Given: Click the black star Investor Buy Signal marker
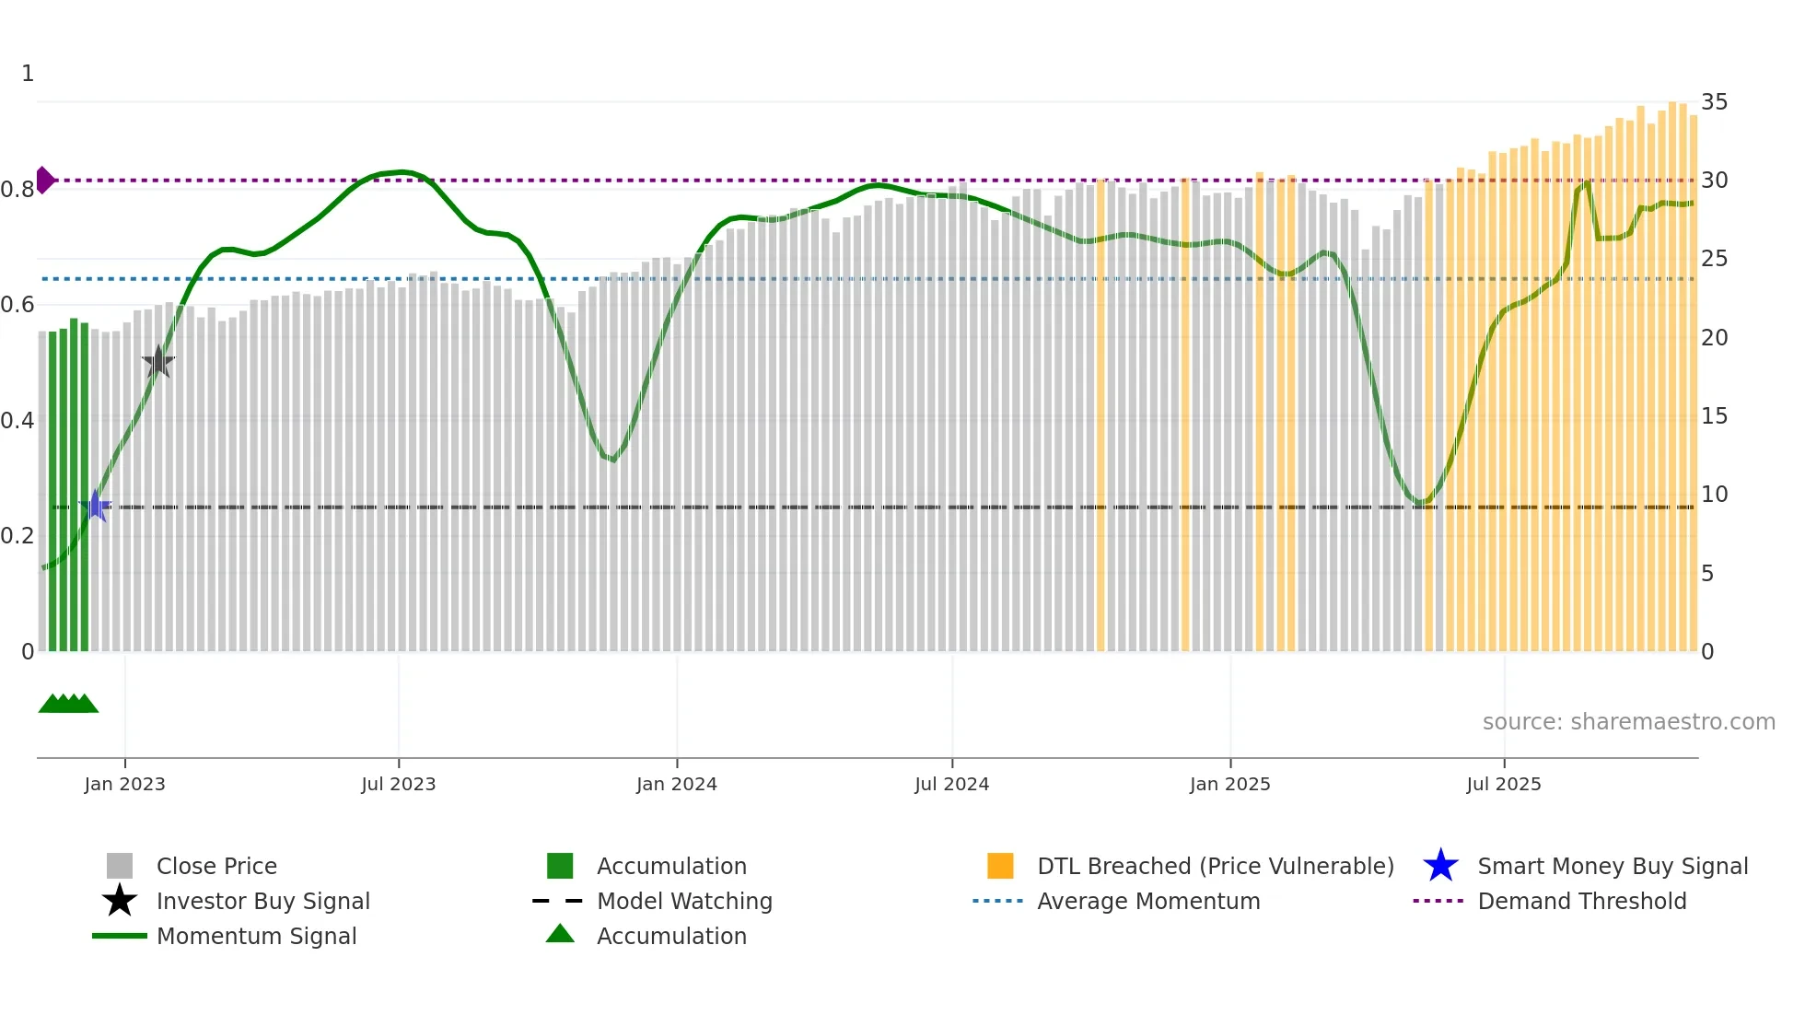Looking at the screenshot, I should [x=158, y=363].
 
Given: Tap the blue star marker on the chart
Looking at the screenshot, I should [x=95, y=507].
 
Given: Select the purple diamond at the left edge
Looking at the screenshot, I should [x=44, y=181].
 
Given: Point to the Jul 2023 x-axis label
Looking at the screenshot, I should [x=398, y=785].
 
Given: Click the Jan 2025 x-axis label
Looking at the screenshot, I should [x=1229, y=785].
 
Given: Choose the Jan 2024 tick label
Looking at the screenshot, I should [x=676, y=785].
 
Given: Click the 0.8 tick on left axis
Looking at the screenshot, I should [x=17, y=190].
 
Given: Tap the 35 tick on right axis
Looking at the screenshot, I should [x=1714, y=102].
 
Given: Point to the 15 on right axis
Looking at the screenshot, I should [x=1714, y=416].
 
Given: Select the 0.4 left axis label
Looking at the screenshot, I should [x=17, y=421].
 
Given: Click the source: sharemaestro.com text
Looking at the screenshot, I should [x=1628, y=722].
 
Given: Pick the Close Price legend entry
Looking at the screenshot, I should [x=216, y=867].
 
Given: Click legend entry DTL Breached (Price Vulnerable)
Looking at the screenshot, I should [x=1215, y=867].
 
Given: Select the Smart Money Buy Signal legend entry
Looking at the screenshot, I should [x=1612, y=867].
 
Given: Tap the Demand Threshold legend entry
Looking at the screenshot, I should [x=1581, y=902].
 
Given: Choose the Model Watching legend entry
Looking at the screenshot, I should [x=683, y=902].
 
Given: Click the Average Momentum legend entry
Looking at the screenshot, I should [x=1147, y=902].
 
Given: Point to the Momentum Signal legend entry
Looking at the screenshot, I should [x=256, y=937].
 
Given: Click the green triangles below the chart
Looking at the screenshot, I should [x=68, y=704].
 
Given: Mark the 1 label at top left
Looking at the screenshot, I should [x=28, y=74].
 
